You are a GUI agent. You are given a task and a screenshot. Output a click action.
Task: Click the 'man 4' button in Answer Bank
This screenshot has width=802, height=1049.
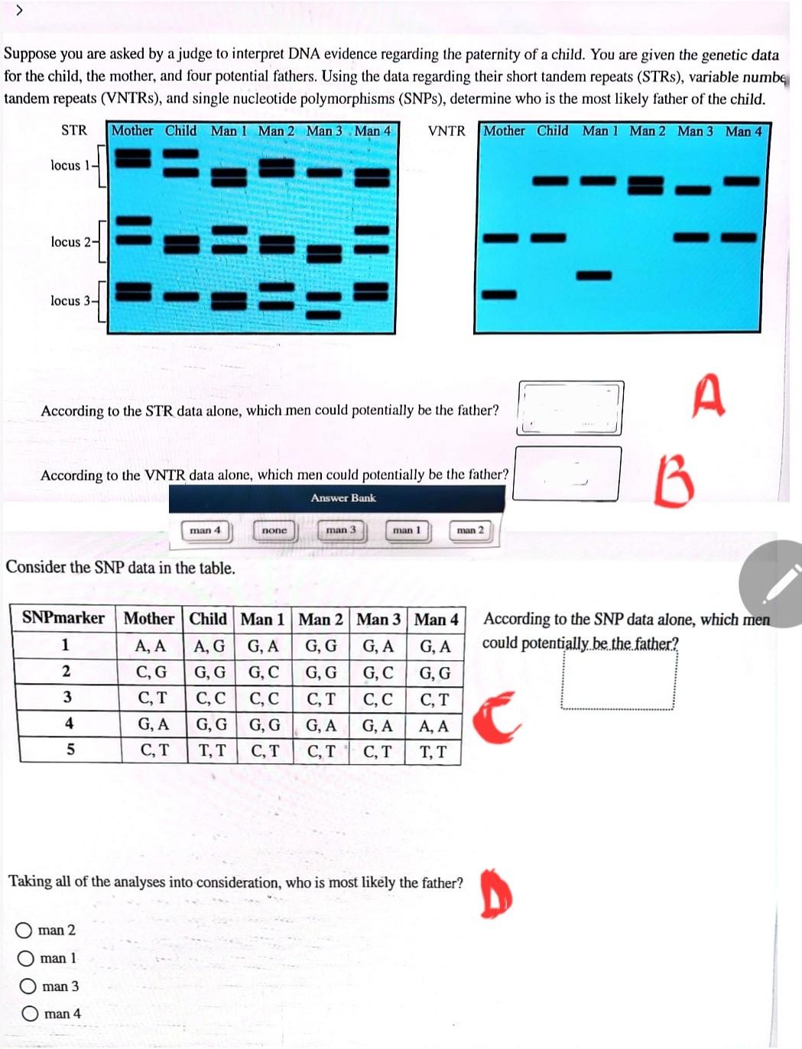(205, 530)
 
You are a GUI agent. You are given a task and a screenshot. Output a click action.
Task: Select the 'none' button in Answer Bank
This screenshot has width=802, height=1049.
(274, 530)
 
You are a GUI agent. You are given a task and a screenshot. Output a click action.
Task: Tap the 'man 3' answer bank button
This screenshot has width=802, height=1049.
(341, 530)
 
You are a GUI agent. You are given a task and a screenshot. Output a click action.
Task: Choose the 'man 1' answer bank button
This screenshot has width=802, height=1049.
(407, 530)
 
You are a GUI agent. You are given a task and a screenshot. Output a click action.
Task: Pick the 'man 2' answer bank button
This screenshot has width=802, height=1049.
(470, 530)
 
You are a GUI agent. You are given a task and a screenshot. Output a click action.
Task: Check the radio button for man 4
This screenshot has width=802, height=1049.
(30, 1014)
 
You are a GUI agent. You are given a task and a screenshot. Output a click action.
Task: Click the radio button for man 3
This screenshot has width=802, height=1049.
(28, 986)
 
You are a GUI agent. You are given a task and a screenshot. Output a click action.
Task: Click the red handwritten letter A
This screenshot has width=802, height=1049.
(709, 395)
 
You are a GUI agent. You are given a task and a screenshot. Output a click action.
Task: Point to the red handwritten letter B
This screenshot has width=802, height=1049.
(674, 482)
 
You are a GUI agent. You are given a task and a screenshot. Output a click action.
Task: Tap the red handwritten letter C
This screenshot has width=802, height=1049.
(496, 718)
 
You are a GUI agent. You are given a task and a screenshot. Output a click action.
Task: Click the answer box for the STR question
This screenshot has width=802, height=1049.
(570, 408)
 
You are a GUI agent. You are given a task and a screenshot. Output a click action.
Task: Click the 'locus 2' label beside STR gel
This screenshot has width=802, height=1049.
(70, 242)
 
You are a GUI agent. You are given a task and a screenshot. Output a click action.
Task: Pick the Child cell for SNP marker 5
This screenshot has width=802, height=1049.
(212, 751)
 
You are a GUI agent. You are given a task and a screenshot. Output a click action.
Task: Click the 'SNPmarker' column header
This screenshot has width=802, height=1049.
(64, 618)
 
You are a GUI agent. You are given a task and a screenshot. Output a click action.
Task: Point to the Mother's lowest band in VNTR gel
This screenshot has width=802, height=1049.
(499, 294)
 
